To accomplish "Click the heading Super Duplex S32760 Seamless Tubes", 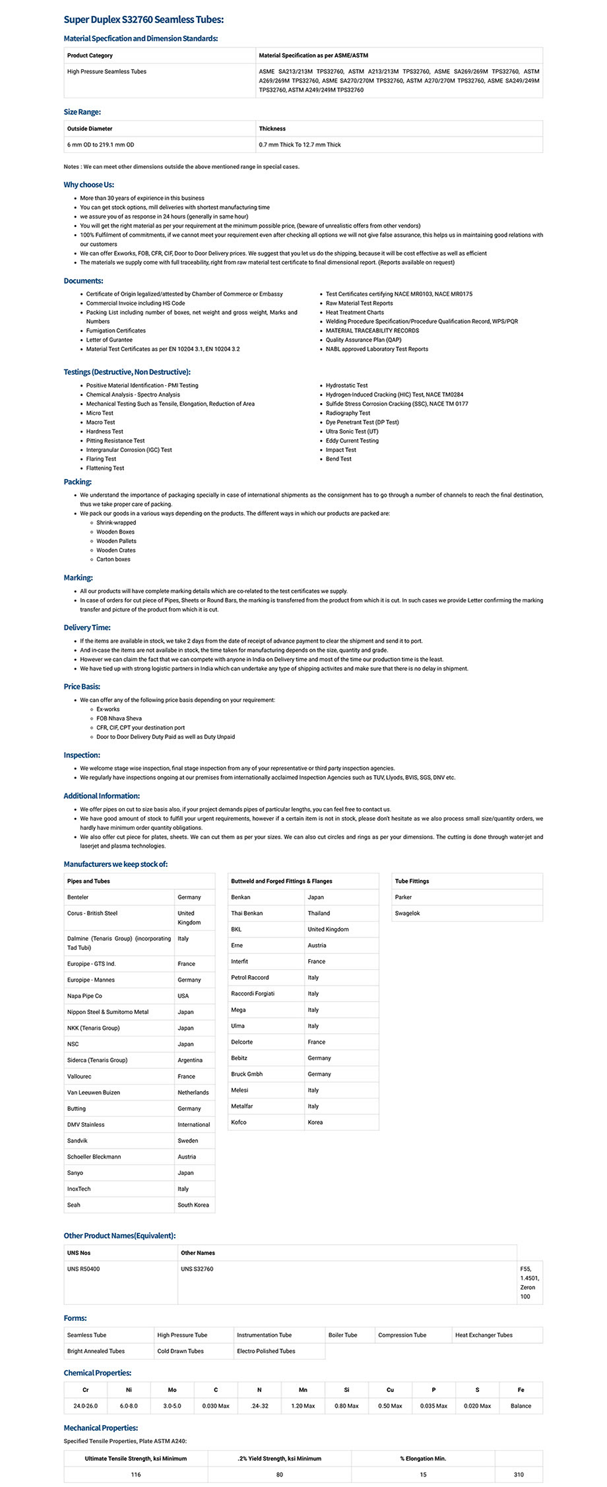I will coord(143,20).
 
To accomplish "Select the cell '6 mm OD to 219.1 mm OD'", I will coord(100,144).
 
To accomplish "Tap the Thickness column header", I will coord(272,129).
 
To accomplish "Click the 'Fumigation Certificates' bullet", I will coord(116,331).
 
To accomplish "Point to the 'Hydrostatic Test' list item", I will coord(346,385).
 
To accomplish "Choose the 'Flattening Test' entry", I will coord(105,468).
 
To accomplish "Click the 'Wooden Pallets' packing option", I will coord(116,541).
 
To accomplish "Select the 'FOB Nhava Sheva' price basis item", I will coord(119,718).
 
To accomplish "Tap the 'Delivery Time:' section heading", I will coord(87,627).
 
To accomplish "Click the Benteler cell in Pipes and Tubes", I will coord(78,897).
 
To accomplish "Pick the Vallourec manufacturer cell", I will coord(79,1076).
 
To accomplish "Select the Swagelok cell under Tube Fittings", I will coord(407,913).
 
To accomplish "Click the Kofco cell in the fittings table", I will coord(239,1122).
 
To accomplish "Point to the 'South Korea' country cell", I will coord(193,1205).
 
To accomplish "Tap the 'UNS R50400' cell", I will coord(84,1269).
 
